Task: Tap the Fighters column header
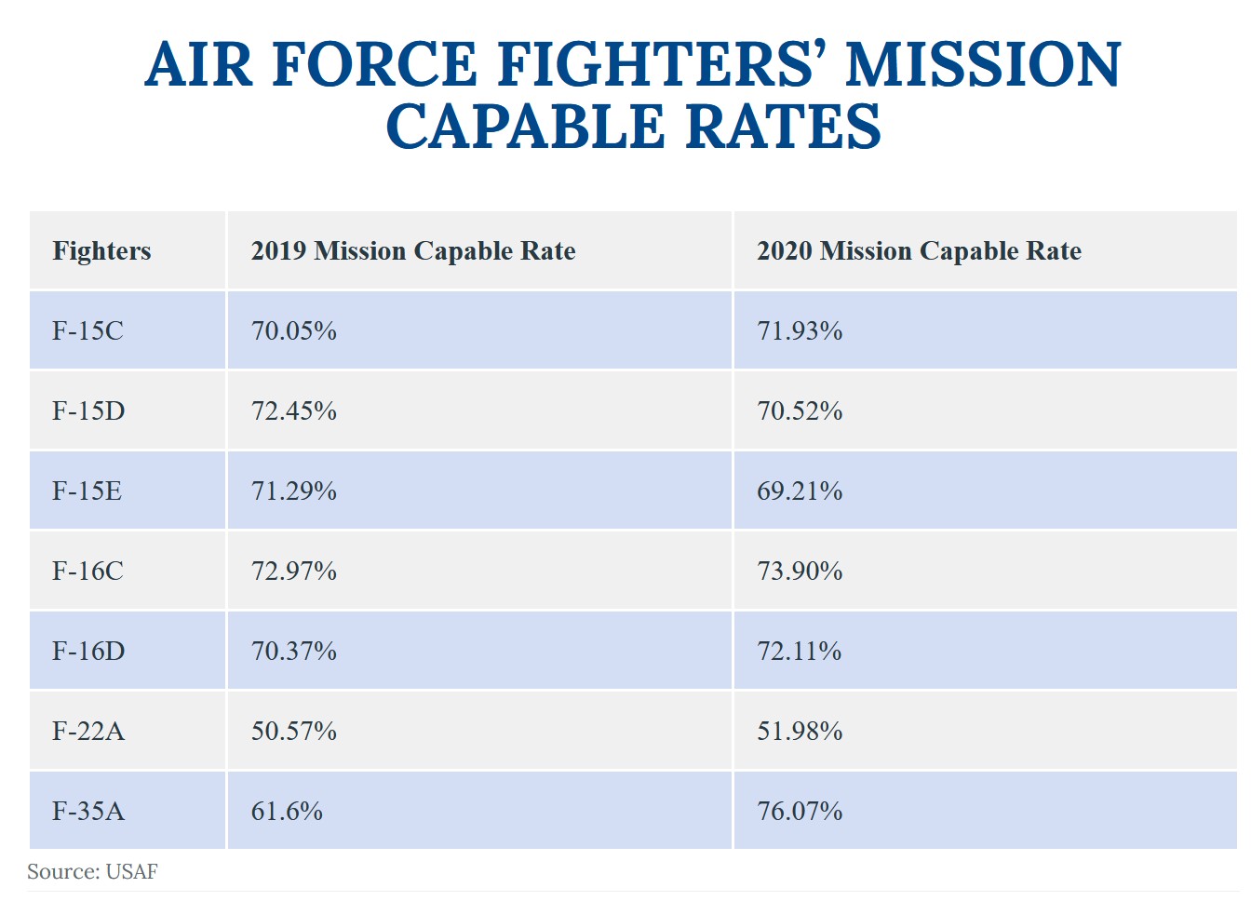[x=101, y=251]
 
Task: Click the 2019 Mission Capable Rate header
[x=413, y=251]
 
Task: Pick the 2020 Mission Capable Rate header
[x=919, y=251]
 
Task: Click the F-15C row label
[x=87, y=331]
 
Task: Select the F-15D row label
[x=88, y=411]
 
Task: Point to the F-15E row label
[x=87, y=491]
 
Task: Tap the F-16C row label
[x=87, y=572]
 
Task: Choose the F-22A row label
[x=88, y=732]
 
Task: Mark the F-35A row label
[x=88, y=812]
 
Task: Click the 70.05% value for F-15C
[x=293, y=331]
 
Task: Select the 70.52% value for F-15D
[x=800, y=411]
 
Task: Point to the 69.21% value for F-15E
[x=800, y=491]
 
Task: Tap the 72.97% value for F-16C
[x=293, y=572]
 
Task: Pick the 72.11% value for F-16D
[x=799, y=652]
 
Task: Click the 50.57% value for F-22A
[x=293, y=732]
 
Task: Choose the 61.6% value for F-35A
[x=287, y=812]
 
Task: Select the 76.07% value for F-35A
[x=800, y=812]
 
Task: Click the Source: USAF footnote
[x=92, y=872]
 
